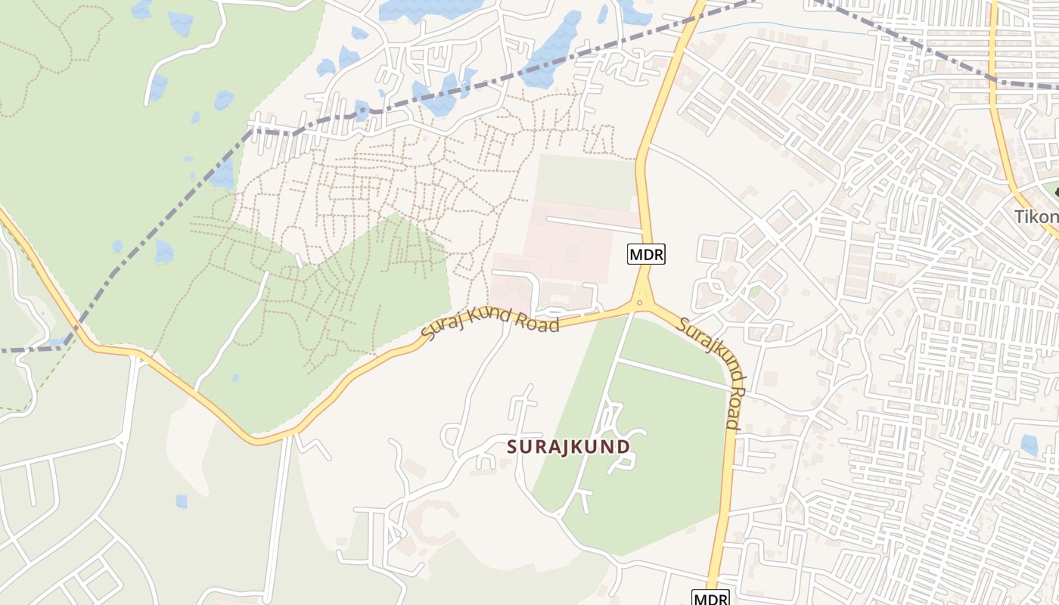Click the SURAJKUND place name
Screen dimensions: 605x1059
(x=568, y=446)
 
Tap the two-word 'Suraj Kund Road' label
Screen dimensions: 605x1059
(x=490, y=324)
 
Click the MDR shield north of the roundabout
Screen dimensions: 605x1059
(x=646, y=255)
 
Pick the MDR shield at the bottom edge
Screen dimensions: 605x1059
(x=710, y=598)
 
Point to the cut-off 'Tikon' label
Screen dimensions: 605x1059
(x=1036, y=217)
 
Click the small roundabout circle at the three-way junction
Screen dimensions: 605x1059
(x=641, y=304)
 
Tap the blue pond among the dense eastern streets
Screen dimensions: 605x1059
(x=1029, y=445)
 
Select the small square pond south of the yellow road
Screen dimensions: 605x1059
(x=182, y=501)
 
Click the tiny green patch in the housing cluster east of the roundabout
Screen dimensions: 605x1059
(x=754, y=292)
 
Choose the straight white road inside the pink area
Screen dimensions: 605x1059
(x=594, y=223)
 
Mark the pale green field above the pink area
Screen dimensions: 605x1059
(x=584, y=181)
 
